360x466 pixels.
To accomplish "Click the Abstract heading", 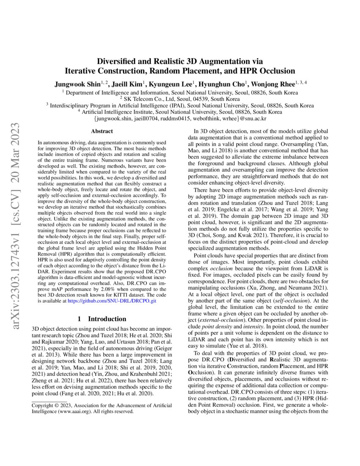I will click(x=102, y=132).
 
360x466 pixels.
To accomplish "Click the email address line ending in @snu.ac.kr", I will click(x=180, y=119).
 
